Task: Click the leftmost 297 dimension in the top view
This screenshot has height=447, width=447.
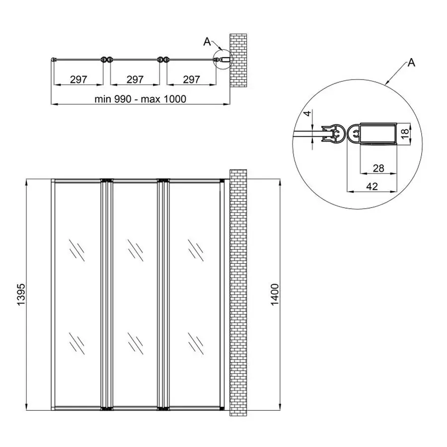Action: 78,79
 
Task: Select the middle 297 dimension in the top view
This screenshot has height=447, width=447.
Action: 135,79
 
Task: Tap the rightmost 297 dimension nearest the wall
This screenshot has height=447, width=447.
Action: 191,79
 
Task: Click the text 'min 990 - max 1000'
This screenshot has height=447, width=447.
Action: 140,99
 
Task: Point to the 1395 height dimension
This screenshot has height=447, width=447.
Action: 20,296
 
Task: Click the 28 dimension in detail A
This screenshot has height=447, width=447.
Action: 378,169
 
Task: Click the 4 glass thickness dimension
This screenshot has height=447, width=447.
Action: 307,114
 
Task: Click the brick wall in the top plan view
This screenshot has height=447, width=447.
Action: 238,60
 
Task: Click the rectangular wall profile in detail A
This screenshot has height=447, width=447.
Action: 377,134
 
